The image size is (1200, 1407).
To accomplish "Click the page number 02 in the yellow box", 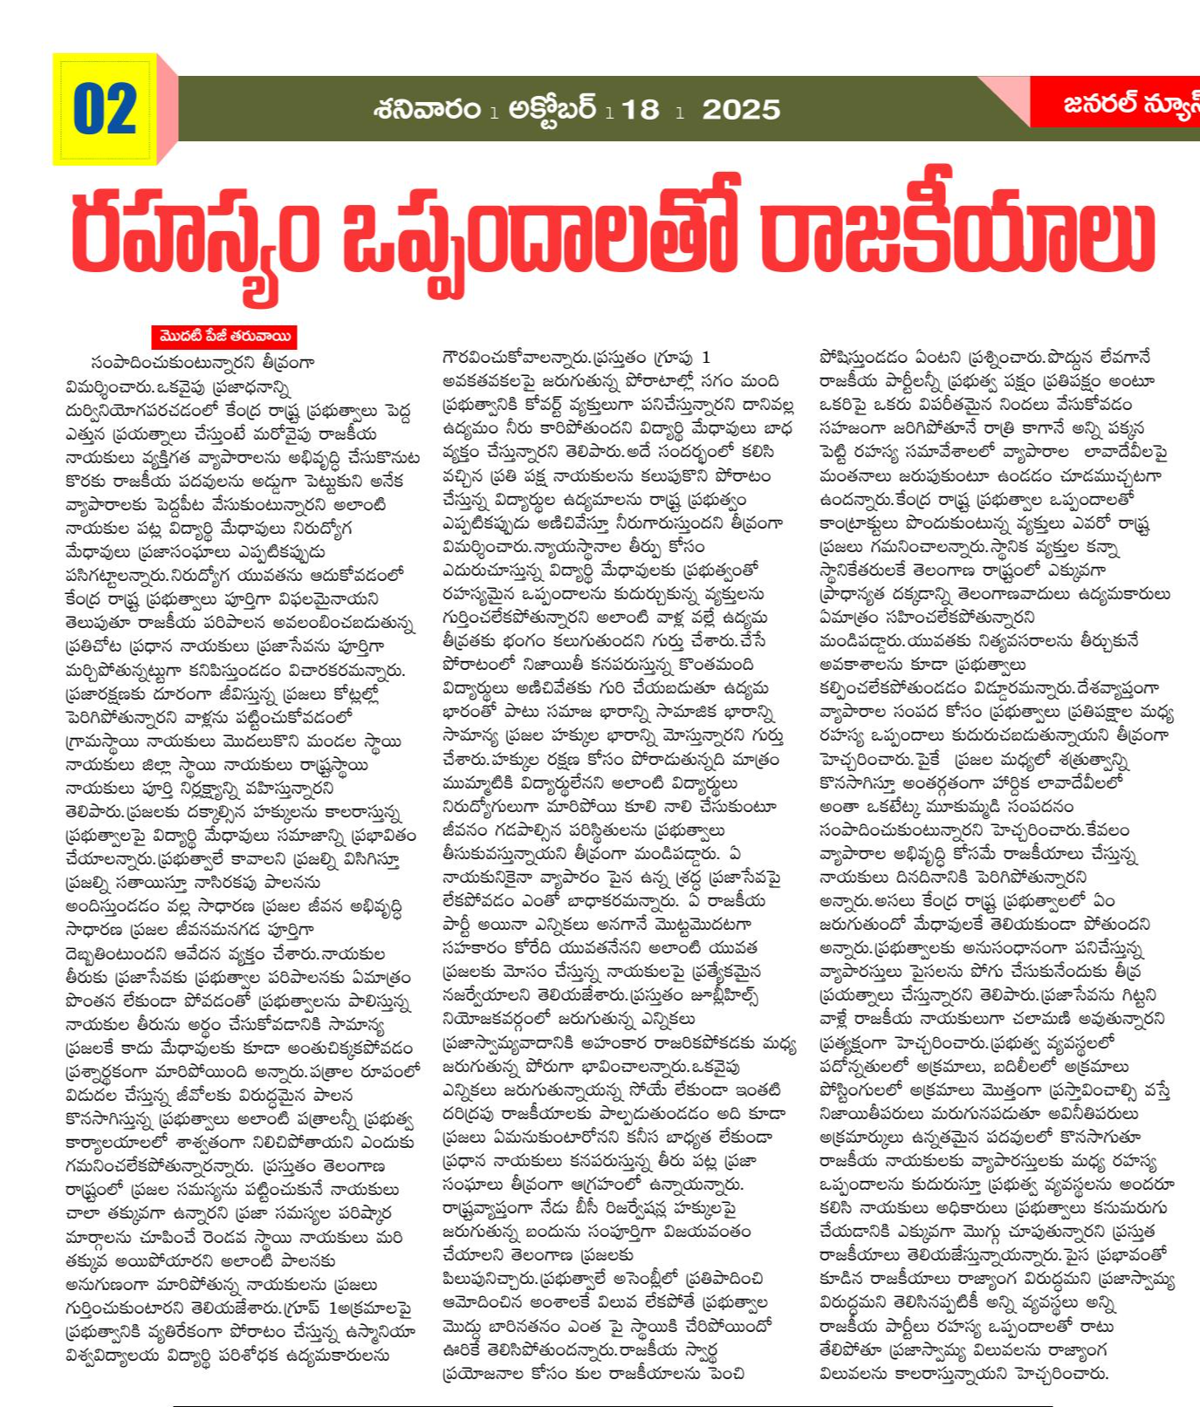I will click(105, 109).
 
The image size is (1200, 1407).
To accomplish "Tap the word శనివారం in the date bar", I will click(427, 109).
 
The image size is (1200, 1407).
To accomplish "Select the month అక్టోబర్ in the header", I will click(552, 109).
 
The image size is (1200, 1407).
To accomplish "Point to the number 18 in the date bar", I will click(641, 110).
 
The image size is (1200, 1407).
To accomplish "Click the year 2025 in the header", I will click(741, 110).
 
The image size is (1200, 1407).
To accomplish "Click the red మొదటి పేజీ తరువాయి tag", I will click(223, 337).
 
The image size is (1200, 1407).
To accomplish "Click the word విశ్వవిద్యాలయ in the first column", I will click(126, 1356).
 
